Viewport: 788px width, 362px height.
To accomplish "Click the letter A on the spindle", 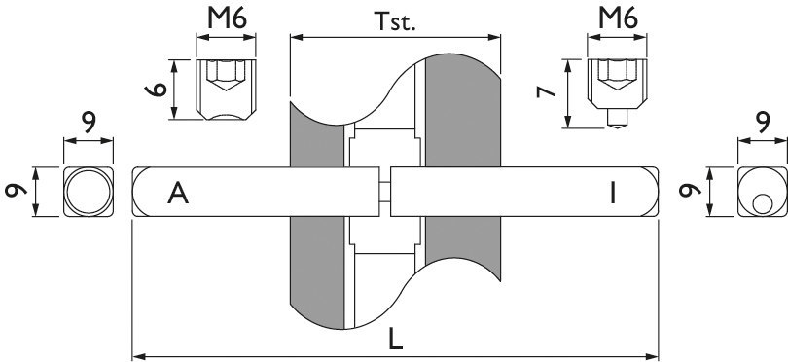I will click(177, 194).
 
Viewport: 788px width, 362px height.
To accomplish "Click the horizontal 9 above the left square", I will click(88, 122).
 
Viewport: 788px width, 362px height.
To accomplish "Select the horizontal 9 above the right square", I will click(761, 122).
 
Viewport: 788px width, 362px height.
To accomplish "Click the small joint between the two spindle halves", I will click(384, 192).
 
